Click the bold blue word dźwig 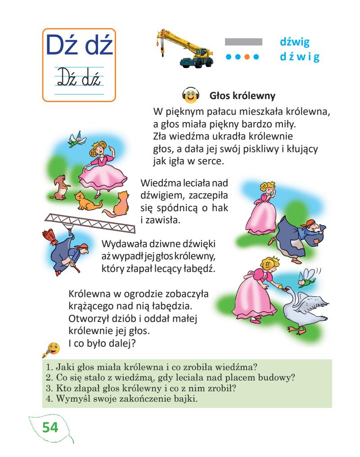(x=296, y=42)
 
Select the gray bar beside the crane (x=243, y=41)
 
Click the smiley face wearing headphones (x=190, y=96)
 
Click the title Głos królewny (x=242, y=96)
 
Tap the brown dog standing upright (x=59, y=187)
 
